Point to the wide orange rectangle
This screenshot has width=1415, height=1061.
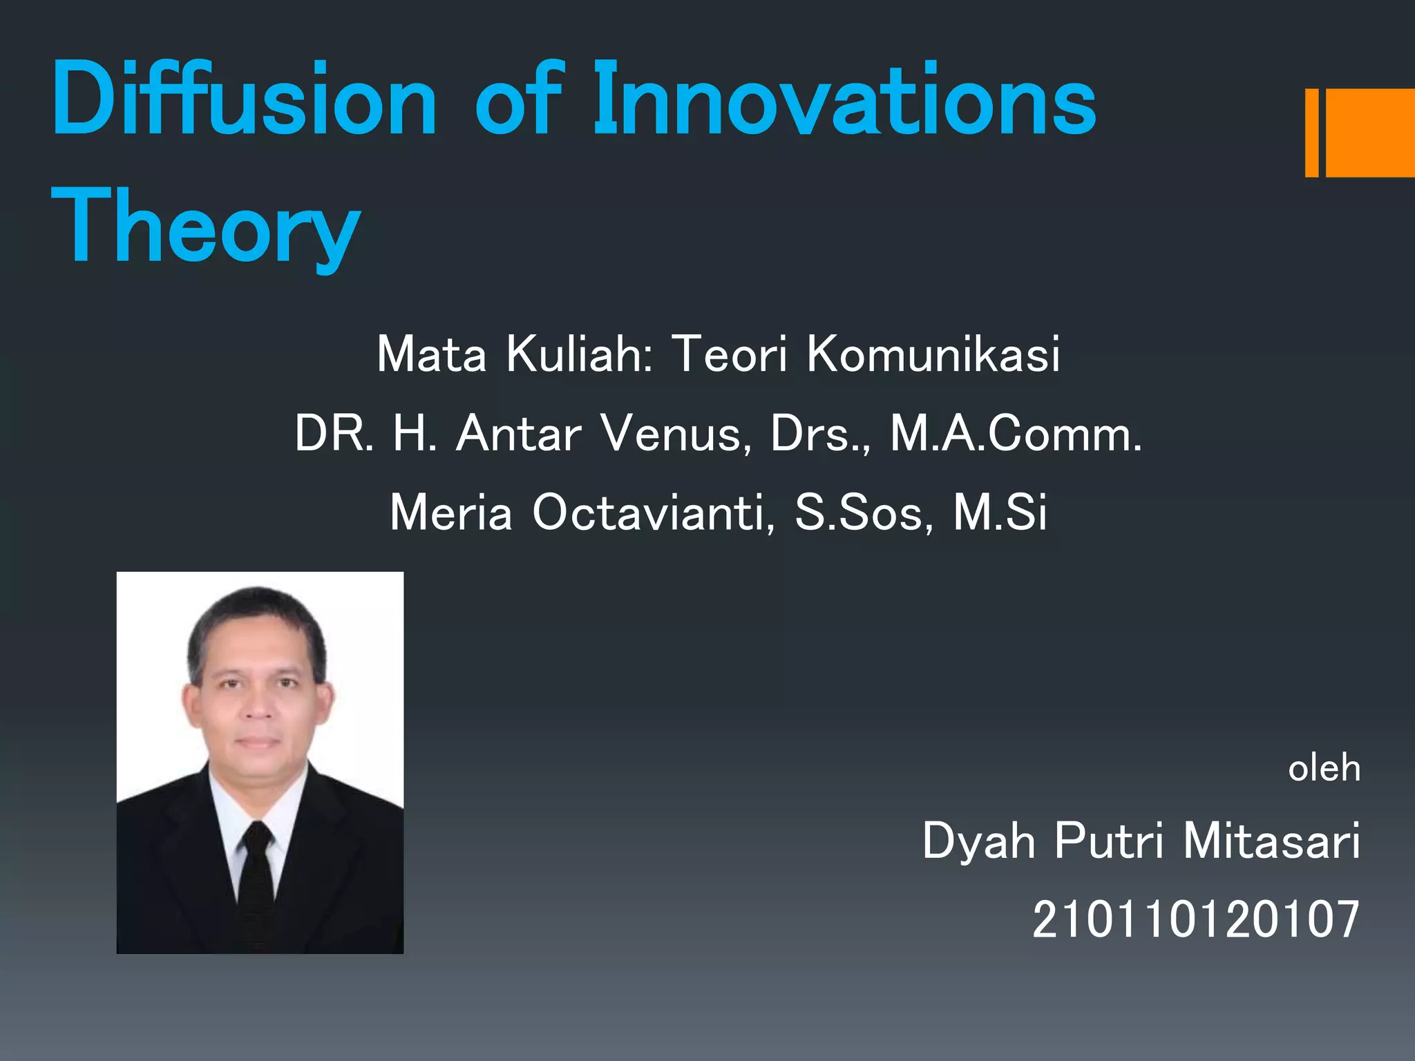1369,133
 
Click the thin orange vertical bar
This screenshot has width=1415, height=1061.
1311,133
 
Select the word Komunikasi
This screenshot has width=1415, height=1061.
933,354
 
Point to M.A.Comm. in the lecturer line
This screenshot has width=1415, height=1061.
1016,434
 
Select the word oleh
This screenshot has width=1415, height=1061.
1324,768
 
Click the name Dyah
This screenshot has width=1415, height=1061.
978,842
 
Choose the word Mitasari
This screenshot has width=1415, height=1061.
1271,842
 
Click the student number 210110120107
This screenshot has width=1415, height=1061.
1195,920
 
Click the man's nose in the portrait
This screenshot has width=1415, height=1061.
258,705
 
